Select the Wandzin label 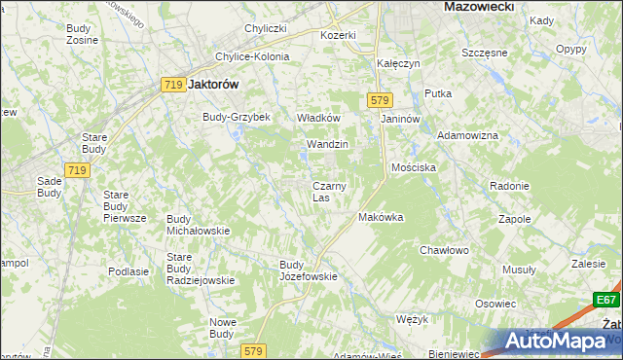[x=327, y=144]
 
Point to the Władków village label [x=317, y=118]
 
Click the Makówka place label [x=382, y=217]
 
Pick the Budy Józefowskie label [x=308, y=270]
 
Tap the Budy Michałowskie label [x=198, y=225]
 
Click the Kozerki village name [x=339, y=35]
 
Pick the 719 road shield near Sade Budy [x=79, y=170]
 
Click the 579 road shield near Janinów [x=380, y=99]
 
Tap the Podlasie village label [x=128, y=272]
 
